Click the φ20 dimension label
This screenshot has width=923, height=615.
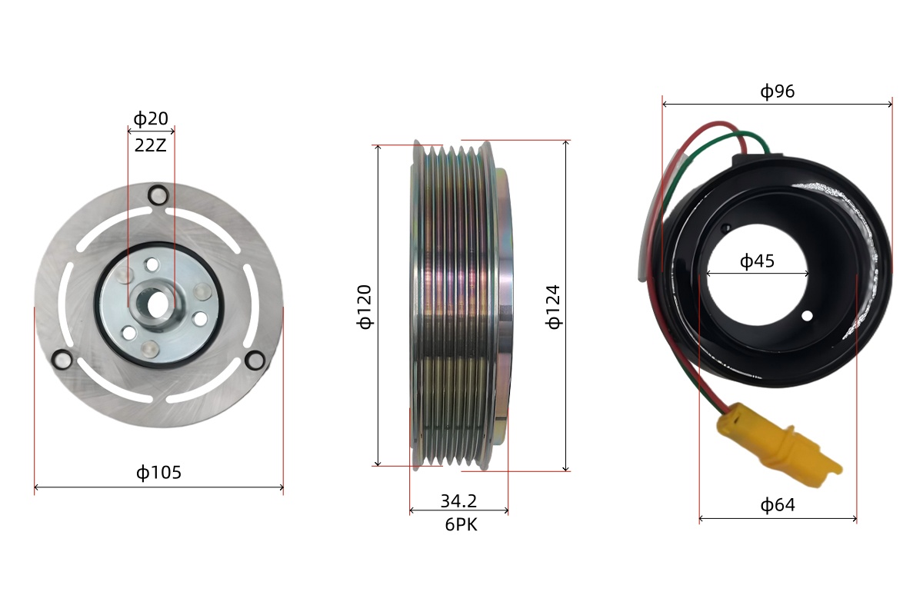[151, 119]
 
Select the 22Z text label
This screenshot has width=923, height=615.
[151, 145]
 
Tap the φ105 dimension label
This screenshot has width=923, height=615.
[159, 472]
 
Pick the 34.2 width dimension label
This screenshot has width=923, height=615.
[458, 501]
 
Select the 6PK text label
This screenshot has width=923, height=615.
[458, 525]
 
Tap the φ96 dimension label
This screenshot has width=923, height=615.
[778, 91]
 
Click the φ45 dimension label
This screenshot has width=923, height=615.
[758, 262]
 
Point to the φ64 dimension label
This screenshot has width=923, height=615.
[778, 505]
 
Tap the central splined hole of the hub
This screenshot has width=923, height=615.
[158, 302]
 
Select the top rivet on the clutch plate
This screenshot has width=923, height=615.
[158, 195]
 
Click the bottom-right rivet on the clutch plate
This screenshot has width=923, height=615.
[254, 359]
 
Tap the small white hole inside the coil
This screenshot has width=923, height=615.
[807, 316]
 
